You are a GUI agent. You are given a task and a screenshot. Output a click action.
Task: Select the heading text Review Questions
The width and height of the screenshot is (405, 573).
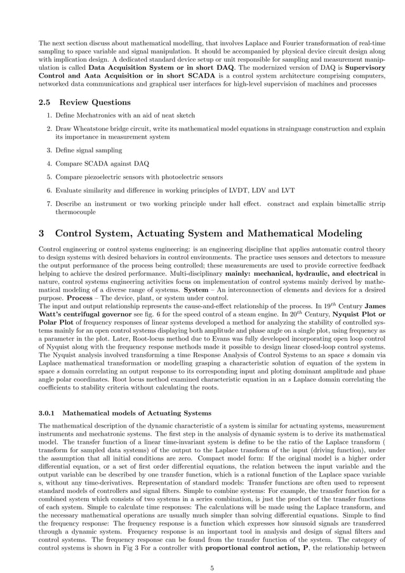(x=95, y=102)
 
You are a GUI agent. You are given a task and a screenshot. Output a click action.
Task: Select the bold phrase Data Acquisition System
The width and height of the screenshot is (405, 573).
(x=133, y=67)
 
